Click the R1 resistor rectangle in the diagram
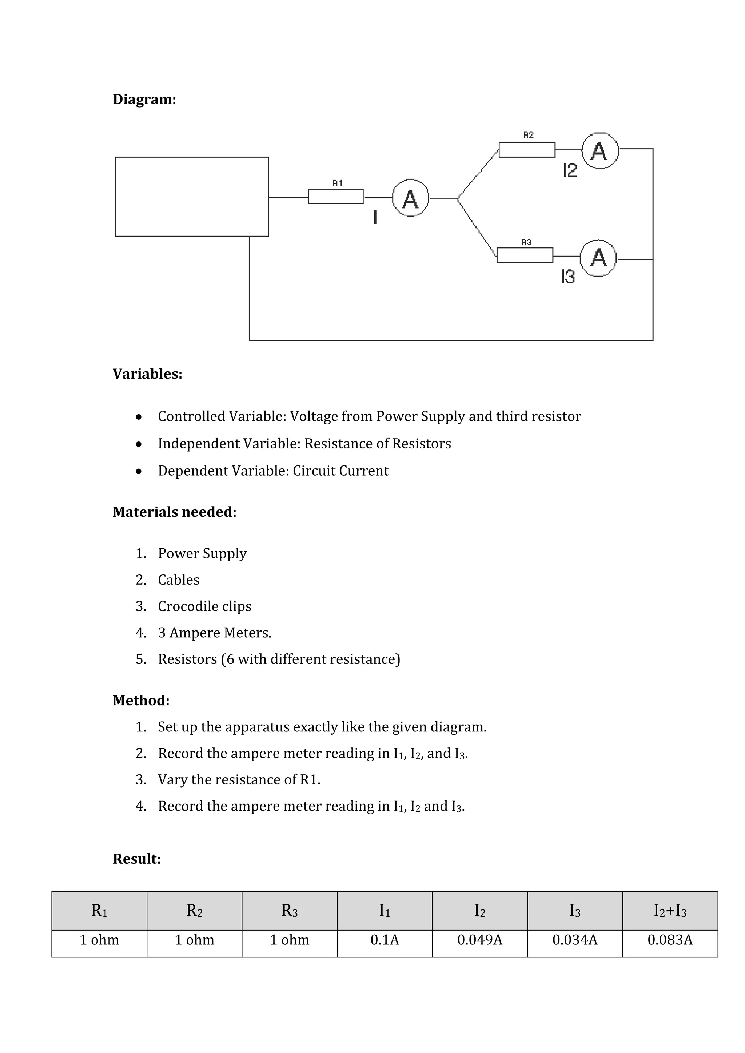click(x=335, y=197)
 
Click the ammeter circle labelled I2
click(x=600, y=151)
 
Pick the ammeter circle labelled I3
click(x=598, y=258)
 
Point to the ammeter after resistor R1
click(x=410, y=198)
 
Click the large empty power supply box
click(x=192, y=197)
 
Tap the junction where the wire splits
click(x=457, y=199)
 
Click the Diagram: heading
click(x=144, y=100)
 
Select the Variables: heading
click(x=147, y=374)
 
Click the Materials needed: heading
click(x=175, y=512)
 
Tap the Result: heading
click(x=137, y=859)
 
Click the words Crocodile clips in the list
click(x=204, y=606)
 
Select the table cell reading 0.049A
click(x=480, y=940)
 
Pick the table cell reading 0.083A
click(x=670, y=940)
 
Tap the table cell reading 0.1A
click(x=385, y=940)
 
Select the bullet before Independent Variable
click(x=139, y=444)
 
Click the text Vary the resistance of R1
click(x=239, y=780)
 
